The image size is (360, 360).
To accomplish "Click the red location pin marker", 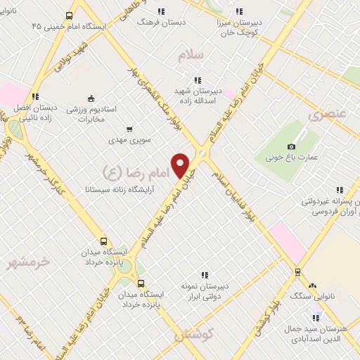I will point(181,165).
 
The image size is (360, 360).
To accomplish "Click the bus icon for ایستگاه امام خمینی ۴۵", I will point(68,15).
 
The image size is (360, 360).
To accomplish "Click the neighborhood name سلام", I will point(190,56).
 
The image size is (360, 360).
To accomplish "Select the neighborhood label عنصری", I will point(327,113).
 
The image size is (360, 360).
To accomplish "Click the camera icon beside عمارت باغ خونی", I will point(291,146).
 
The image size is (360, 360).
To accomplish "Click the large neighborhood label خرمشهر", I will point(29,262).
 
